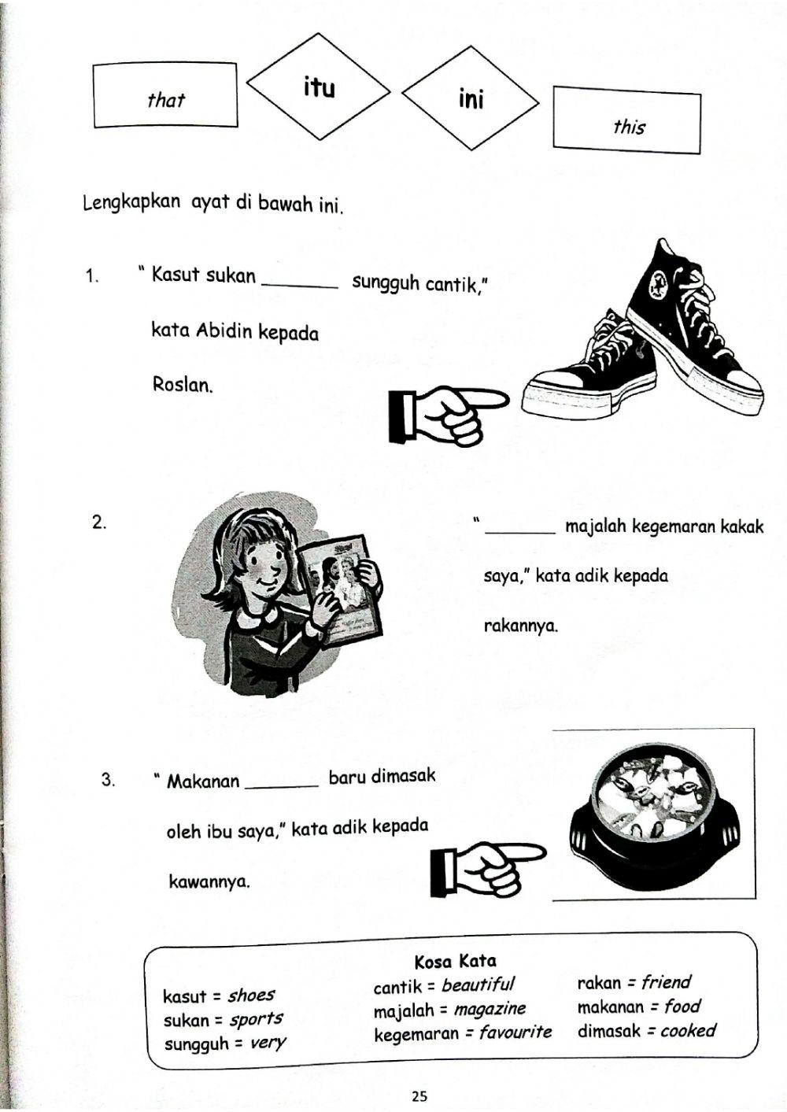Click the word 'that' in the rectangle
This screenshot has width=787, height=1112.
(x=165, y=100)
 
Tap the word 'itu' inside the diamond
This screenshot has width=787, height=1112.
(x=319, y=87)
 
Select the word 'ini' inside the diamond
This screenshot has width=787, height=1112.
(x=471, y=99)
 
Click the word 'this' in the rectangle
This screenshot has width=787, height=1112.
(x=628, y=126)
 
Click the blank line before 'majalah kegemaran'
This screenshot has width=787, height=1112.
(x=520, y=532)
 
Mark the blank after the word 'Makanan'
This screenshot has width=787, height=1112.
(x=282, y=784)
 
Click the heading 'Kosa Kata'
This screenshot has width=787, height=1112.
(x=455, y=961)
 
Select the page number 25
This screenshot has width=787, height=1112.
(x=419, y=1095)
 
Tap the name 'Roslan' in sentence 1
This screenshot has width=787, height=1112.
(x=182, y=386)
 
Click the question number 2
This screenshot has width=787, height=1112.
(x=99, y=523)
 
